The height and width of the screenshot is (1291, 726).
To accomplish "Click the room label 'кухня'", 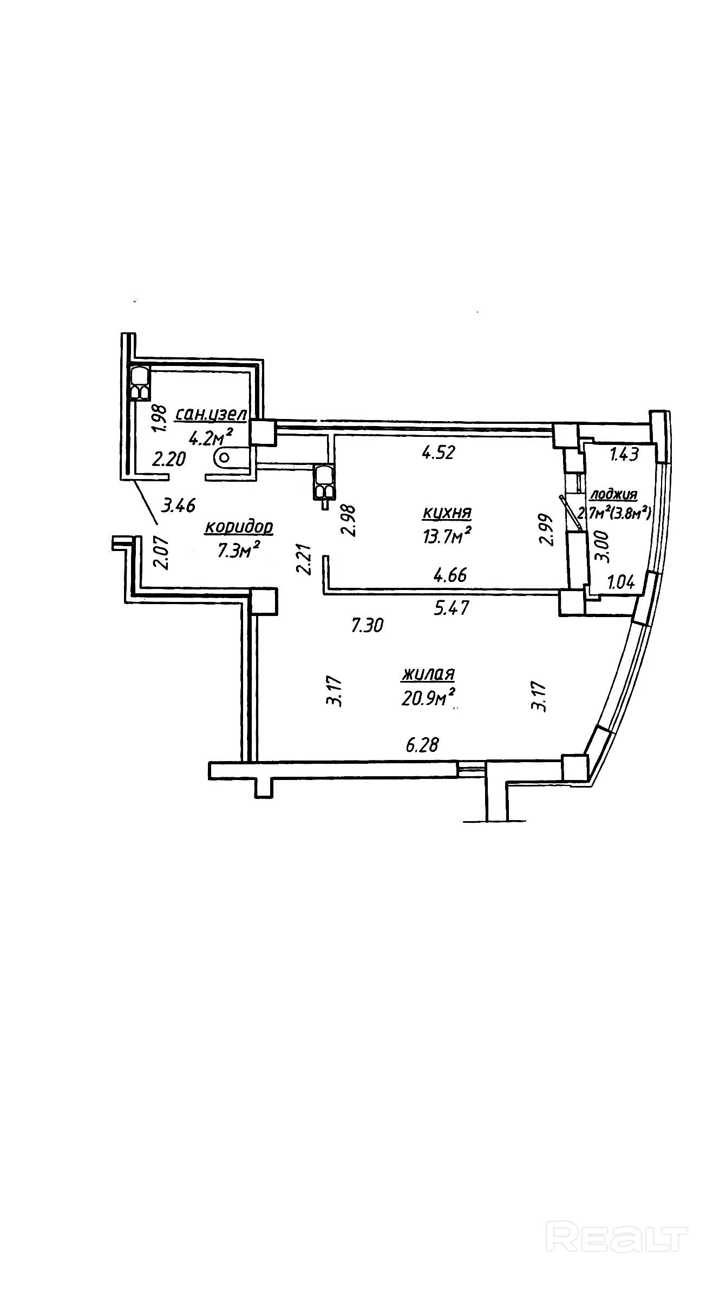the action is tap(447, 512).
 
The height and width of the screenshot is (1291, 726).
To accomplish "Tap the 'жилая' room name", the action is tap(428, 674).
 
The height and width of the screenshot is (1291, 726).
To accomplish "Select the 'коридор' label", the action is tap(239, 527).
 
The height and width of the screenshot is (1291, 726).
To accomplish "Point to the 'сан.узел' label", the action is tap(211, 415).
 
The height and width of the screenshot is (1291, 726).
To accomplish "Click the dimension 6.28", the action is tap(422, 745).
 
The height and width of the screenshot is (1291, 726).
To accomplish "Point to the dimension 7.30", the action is tap(368, 626).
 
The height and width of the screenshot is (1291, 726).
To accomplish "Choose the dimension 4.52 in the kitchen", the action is tap(438, 452).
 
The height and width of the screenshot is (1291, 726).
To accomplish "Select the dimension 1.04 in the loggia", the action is tap(620, 582).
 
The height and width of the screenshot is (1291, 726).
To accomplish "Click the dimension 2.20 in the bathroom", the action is tap(169, 460).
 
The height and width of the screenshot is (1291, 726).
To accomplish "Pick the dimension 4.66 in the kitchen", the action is tap(450, 574).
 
